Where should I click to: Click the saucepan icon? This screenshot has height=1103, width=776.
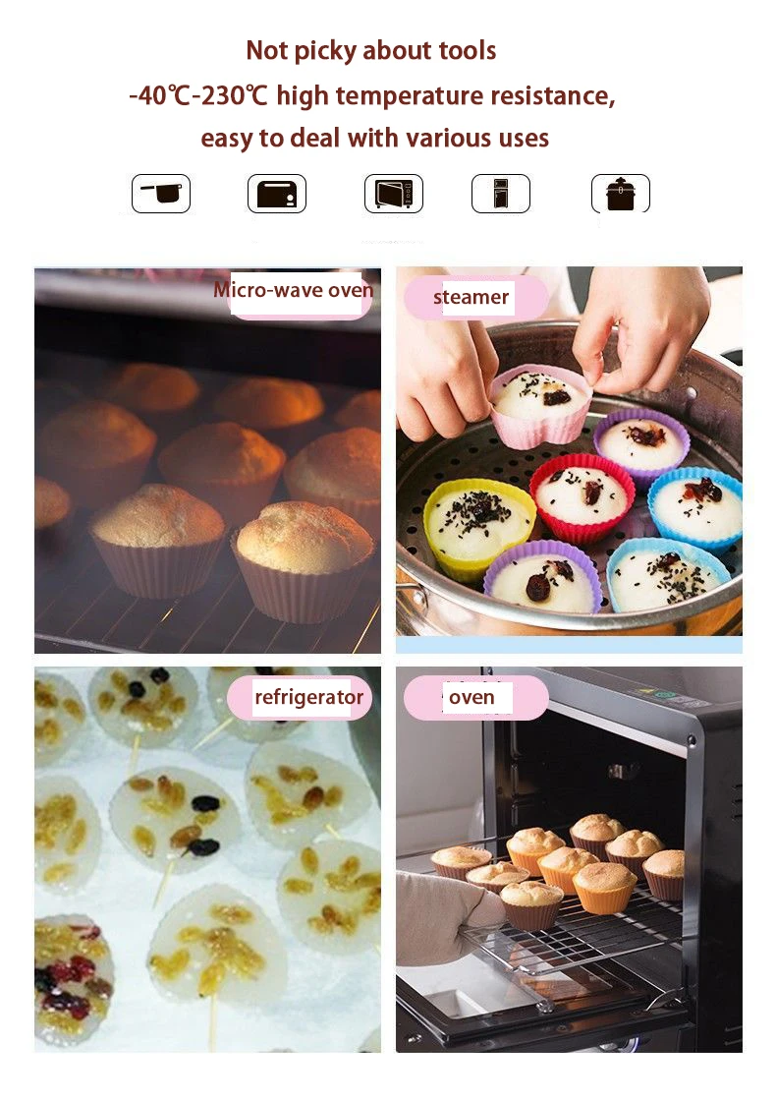[161, 194]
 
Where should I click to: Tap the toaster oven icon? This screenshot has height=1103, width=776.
[276, 194]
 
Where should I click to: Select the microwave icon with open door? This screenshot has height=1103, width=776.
[393, 194]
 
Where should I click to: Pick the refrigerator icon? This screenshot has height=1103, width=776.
[500, 194]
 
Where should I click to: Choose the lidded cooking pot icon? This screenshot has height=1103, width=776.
[620, 194]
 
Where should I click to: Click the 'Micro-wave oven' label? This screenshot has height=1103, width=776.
[293, 290]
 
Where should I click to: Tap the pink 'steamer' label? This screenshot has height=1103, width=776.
[471, 297]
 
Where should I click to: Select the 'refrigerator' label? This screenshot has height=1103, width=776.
[307, 698]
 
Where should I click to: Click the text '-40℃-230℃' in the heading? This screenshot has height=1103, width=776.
[198, 96]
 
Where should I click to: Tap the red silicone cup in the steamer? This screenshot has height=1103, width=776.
[582, 497]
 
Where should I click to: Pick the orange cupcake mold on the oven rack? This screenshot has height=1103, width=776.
[603, 887]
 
